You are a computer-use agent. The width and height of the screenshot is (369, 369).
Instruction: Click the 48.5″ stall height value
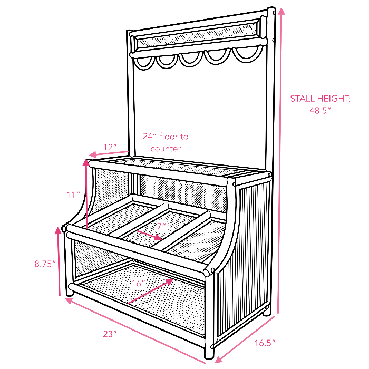point(320,111)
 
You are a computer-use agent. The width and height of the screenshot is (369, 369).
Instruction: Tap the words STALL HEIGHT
point(321,99)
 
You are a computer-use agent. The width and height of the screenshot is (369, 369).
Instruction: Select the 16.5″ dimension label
point(265,343)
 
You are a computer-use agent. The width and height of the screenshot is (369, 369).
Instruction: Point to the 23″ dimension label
point(110,334)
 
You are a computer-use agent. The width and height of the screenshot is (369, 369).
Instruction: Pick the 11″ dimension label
point(73,195)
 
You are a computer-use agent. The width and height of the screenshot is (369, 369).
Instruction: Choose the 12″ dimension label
point(110,147)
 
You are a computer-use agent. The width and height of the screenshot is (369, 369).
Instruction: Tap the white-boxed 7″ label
point(162,227)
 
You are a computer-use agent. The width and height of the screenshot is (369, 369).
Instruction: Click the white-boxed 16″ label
point(138,283)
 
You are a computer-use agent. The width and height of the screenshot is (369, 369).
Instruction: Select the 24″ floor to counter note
point(166,142)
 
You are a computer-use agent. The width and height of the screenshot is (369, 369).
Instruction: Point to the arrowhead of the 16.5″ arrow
point(219,360)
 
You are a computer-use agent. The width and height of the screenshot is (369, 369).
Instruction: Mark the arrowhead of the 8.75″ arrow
point(58,230)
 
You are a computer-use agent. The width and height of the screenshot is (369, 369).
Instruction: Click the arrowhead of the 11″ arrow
point(86,162)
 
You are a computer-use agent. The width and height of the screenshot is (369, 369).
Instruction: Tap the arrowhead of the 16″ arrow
point(169,281)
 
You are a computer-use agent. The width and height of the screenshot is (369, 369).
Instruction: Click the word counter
point(166,149)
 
